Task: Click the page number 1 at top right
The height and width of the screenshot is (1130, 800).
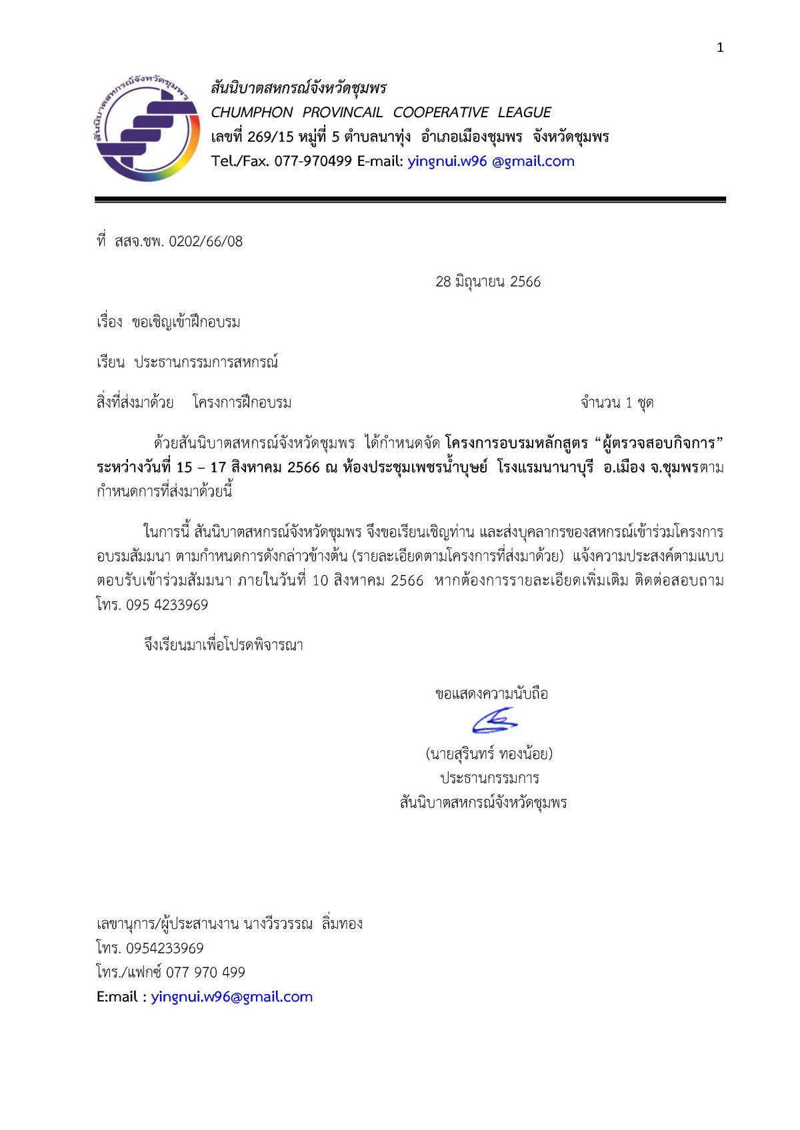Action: coord(720,47)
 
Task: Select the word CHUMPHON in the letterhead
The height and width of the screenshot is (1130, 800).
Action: coord(252,113)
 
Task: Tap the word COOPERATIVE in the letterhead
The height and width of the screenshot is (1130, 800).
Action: coord(440,113)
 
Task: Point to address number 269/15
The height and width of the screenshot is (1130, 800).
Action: coord(271,137)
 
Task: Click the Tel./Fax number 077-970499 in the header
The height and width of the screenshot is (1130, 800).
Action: coord(313,161)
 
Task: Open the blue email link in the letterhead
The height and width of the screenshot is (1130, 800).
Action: coord(491,161)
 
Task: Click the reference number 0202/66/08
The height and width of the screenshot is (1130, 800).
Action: coord(206,242)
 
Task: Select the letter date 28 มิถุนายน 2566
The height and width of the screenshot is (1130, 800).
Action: coord(488,282)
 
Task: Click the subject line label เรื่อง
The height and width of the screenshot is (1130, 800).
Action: coord(109,322)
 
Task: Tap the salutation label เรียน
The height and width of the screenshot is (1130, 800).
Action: coord(111,362)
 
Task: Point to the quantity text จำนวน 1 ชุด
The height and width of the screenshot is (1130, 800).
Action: coord(617,403)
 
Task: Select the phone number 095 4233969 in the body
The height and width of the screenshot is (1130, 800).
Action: coord(167,605)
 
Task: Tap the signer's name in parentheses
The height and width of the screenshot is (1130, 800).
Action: coord(489,754)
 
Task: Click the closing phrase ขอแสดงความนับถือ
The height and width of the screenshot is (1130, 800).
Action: coord(491,694)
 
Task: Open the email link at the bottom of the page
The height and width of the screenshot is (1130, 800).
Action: coord(231,997)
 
